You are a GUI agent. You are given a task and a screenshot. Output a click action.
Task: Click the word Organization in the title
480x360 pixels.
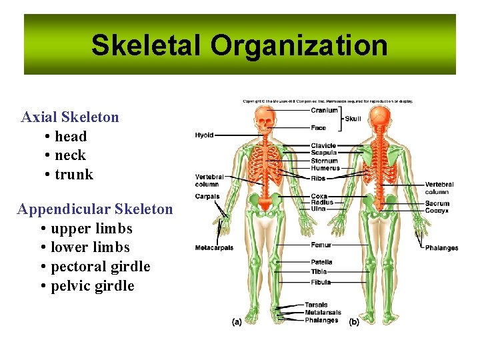299,45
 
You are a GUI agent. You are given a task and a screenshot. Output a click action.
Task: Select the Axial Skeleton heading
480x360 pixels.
70,117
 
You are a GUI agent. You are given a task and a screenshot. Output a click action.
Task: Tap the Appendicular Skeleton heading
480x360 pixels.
95,209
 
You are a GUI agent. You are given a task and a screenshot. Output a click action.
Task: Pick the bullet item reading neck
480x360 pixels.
70,155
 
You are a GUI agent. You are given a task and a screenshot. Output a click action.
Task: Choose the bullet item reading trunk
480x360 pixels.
73,175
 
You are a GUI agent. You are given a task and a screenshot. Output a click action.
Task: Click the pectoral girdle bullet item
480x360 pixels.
100,267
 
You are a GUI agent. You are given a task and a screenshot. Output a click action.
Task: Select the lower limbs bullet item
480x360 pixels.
90,247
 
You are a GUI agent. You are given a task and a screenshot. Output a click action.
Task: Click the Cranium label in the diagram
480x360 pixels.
324,111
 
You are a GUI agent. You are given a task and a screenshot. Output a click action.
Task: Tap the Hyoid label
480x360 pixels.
204,135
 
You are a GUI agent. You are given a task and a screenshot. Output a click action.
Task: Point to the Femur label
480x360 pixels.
321,245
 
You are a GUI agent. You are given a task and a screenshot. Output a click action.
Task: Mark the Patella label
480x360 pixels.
321,263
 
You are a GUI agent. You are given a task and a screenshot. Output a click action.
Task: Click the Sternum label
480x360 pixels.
324,161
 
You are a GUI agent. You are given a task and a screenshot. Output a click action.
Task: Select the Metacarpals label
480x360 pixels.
214,248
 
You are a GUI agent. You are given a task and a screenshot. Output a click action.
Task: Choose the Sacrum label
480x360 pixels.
437,204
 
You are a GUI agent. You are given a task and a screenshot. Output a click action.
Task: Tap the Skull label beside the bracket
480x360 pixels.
353,119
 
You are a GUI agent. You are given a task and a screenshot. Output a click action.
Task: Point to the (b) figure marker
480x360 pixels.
353,322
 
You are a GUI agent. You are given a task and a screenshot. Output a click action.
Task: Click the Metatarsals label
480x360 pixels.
323,313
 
